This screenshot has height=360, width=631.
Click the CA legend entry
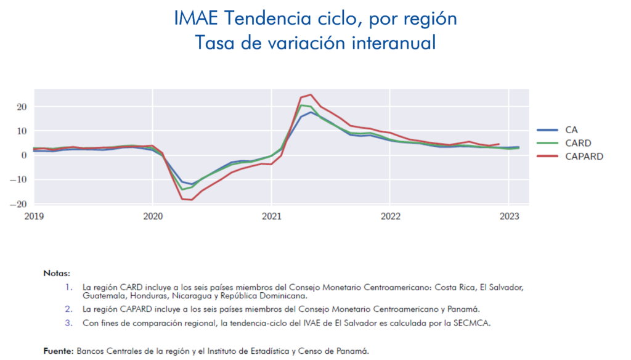point(572,130)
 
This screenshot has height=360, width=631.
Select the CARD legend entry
point(578,143)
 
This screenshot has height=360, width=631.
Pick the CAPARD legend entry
point(584,157)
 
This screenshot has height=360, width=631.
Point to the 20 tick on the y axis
point(22,107)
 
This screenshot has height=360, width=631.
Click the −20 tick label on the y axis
point(20,204)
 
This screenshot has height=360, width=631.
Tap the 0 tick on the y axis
point(25,155)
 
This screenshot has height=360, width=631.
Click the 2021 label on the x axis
point(271,216)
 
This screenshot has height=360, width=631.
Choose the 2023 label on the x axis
point(508,216)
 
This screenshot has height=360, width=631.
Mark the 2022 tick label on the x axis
point(390,216)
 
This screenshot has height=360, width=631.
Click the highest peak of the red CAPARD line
point(311,95)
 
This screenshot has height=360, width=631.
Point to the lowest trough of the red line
point(192,200)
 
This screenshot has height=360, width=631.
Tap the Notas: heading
point(57,272)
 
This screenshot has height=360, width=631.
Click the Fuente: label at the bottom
point(59,351)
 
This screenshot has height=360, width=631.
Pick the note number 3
point(69,322)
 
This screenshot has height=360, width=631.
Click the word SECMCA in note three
point(474,322)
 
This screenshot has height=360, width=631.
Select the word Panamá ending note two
point(464,309)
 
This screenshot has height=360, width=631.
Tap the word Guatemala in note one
point(100,296)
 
